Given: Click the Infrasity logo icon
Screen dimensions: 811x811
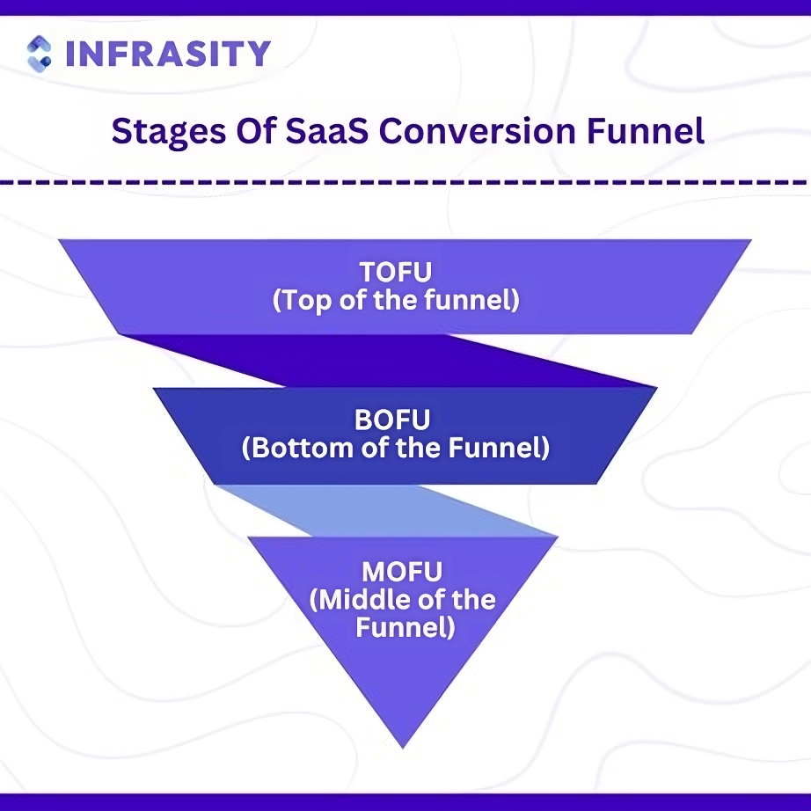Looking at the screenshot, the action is (39, 54).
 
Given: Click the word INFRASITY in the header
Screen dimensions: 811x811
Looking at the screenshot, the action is (169, 54).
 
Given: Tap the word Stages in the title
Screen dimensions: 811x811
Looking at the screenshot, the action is (169, 132).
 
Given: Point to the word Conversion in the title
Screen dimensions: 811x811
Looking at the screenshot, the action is (477, 130).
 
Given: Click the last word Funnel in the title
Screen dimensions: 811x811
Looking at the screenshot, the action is (645, 130).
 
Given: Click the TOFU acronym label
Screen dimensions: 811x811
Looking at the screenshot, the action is (396, 272).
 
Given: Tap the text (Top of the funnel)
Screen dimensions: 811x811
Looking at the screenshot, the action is (396, 300).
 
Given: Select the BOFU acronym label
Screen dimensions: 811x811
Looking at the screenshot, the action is (392, 420).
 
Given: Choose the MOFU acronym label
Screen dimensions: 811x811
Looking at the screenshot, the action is (402, 572).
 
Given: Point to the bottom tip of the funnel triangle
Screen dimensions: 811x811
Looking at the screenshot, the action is (402, 748).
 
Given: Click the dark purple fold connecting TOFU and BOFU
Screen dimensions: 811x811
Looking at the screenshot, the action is (388, 361).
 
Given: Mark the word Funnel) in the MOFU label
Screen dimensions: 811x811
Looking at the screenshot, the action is (405, 628).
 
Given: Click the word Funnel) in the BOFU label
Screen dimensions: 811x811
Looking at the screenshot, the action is (499, 448).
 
